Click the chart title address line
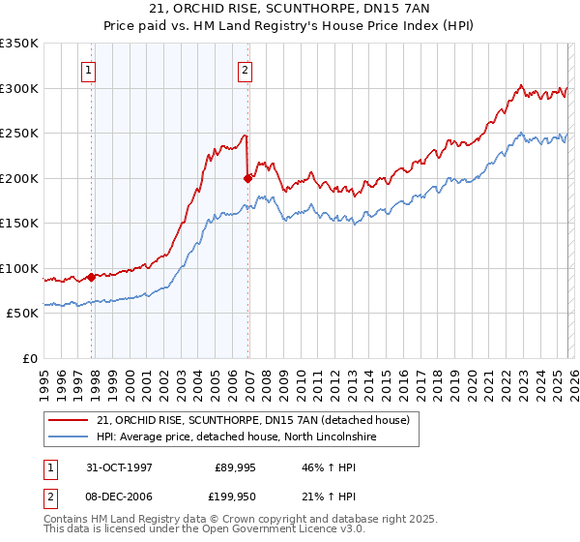[x=289, y=9]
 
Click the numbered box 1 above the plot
[x=89, y=70]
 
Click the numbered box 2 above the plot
[x=245, y=70]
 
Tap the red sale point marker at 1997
[x=92, y=277]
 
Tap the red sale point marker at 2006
[x=248, y=178]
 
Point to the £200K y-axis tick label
[x=19, y=178]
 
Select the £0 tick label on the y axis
[x=28, y=358]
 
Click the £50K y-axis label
[x=22, y=313]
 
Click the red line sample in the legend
[x=69, y=420]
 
